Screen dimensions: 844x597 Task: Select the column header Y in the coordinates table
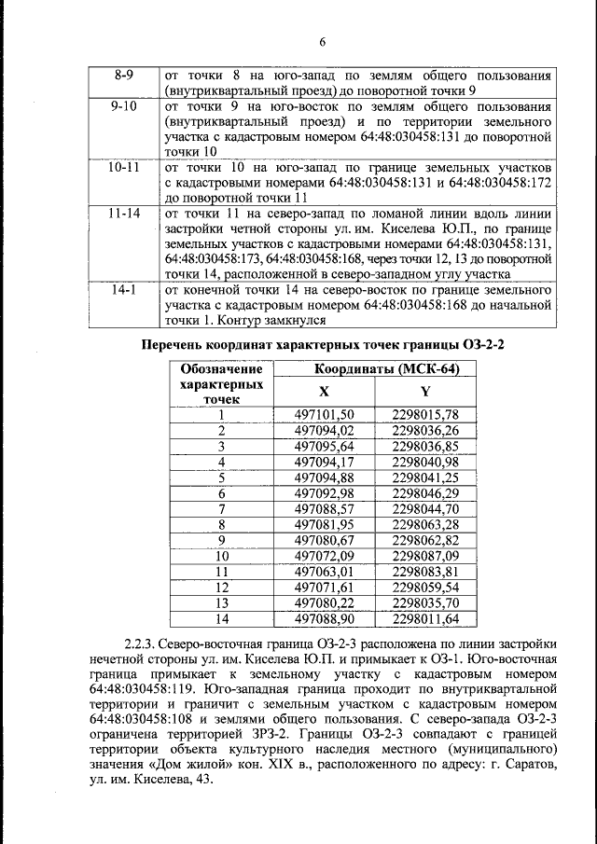pos(425,392)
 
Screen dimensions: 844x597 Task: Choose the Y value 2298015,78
pos(425,415)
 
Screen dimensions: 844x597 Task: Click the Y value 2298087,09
pos(425,556)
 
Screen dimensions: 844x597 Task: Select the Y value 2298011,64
pos(425,618)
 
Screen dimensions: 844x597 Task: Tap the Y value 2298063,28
pos(425,524)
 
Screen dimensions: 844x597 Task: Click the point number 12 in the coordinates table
pos(222,588)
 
